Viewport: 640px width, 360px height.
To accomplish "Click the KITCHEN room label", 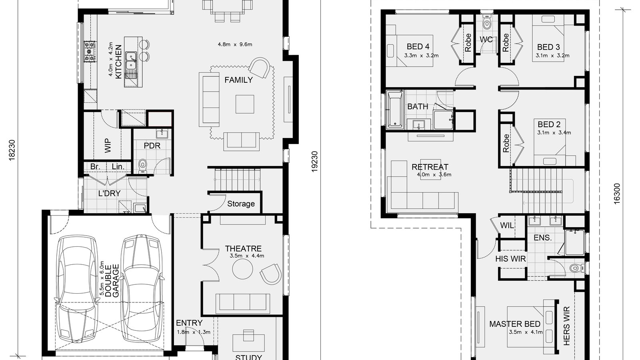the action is pos(118,62).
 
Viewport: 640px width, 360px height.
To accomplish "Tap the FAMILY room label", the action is pos(238,80).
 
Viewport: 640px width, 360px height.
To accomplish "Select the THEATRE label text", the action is pos(243,248).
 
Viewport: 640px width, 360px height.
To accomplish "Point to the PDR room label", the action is pos(152,146).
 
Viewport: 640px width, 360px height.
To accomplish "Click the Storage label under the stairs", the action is pos(241,204).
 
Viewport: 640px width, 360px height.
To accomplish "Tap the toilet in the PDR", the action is pos(142,166).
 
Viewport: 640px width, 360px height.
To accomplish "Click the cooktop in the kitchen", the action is pos(90,52).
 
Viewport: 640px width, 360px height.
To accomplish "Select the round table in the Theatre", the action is pos(242,269).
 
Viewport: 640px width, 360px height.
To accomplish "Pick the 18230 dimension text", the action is pos(12,150).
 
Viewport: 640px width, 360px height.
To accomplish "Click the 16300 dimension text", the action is pos(617,194).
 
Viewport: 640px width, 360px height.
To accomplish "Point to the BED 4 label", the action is pos(418,46).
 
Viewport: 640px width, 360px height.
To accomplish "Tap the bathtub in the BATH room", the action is pos(394,110).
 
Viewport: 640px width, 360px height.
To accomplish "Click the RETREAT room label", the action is pos(430,167).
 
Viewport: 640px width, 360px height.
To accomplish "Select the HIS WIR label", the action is pos(510,259).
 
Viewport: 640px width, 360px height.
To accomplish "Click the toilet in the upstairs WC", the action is pos(486,22).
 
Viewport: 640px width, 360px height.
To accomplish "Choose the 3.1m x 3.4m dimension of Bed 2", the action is pos(554,132).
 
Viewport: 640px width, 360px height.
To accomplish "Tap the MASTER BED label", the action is pos(515,324).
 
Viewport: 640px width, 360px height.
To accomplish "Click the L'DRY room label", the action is pos(110,194).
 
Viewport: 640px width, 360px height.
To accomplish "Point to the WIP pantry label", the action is pos(108,146).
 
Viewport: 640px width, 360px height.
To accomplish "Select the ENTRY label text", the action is pos(189,323).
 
